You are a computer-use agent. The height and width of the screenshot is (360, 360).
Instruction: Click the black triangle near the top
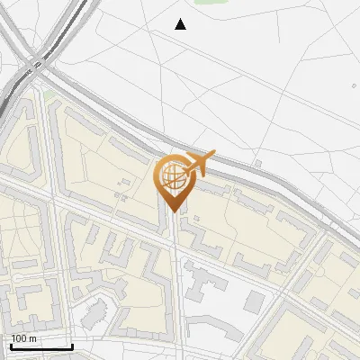click(x=181, y=24)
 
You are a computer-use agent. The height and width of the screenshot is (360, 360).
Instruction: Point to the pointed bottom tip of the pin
click(x=174, y=212)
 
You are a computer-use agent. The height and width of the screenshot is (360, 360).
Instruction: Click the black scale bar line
click(x=41, y=346)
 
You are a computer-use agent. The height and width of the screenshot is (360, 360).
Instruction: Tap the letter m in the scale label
click(x=33, y=338)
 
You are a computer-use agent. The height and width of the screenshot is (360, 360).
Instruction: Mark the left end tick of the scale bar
click(x=11, y=345)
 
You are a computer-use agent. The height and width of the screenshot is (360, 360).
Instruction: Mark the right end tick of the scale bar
click(x=72, y=345)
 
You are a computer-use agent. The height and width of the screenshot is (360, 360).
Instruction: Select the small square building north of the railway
click(x=257, y=164)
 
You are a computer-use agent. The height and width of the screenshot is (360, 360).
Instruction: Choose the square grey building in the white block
click(x=256, y=301)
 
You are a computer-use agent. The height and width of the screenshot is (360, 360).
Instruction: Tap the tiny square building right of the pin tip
click(x=194, y=219)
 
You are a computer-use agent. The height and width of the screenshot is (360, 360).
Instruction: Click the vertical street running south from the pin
click(x=175, y=288)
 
